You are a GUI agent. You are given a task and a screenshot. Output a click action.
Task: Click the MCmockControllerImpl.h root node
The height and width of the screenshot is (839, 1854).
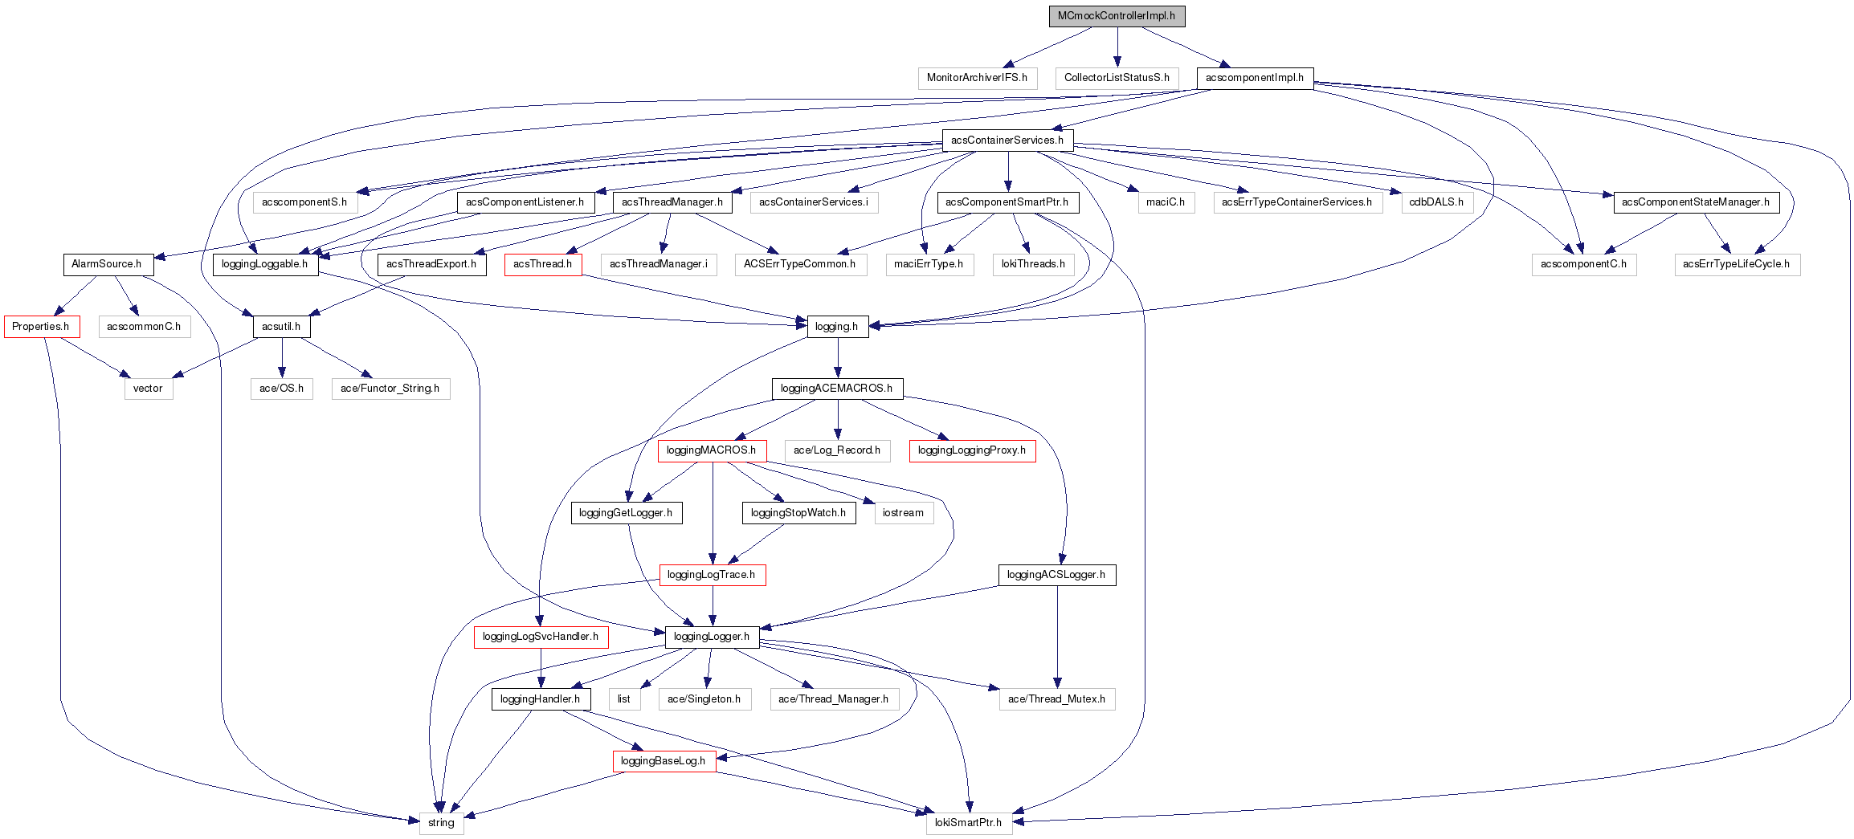click(x=1117, y=16)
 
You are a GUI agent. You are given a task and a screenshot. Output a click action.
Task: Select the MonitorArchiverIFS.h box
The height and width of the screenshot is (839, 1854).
click(x=977, y=78)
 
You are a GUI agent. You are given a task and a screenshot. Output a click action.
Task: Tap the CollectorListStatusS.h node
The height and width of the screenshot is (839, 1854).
click(x=1117, y=78)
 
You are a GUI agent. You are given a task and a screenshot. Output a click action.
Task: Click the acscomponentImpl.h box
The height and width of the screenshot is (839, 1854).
click(x=1255, y=78)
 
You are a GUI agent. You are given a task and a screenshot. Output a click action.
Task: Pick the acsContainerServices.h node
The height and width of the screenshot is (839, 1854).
click(x=1007, y=141)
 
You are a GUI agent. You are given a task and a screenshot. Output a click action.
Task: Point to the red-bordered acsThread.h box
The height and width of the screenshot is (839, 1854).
click(x=543, y=264)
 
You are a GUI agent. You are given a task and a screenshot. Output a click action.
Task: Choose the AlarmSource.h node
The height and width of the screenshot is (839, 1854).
click(x=107, y=264)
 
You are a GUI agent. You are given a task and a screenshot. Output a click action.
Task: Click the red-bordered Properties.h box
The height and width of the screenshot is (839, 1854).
click(x=41, y=327)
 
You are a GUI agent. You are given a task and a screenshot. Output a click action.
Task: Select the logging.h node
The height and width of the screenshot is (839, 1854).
click(x=837, y=327)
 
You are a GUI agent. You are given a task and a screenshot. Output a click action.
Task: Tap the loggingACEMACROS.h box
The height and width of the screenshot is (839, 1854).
click(x=837, y=389)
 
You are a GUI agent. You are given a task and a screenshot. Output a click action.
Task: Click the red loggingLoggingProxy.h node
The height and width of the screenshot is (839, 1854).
click(x=972, y=450)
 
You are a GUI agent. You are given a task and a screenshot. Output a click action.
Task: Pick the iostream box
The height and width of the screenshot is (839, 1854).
click(x=904, y=513)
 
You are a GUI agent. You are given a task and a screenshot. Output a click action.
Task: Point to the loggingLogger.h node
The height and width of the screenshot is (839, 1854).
click(x=712, y=637)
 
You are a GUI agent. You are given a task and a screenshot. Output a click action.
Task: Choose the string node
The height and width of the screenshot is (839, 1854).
click(x=441, y=823)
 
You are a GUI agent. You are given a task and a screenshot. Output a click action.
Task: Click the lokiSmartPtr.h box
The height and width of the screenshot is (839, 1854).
click(x=969, y=823)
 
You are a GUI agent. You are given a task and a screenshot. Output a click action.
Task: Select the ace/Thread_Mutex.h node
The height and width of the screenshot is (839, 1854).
click(x=1057, y=699)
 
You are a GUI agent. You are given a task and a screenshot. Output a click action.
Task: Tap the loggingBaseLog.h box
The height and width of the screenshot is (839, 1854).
click(x=664, y=761)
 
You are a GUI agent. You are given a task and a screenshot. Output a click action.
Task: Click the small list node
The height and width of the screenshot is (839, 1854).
click(x=624, y=699)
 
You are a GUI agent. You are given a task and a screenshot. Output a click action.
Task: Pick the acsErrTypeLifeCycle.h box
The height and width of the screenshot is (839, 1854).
click(x=1737, y=264)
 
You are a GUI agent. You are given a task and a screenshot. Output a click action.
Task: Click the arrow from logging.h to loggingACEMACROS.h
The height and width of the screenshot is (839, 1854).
click(x=838, y=358)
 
